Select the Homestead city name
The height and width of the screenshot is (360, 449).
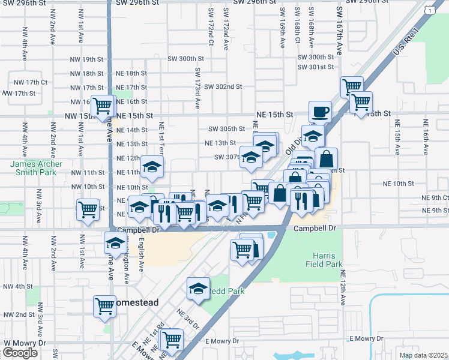137,303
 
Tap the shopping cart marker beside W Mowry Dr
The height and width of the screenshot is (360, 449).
172,339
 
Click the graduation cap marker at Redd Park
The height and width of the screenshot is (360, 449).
197,289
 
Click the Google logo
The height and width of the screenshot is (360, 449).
20,353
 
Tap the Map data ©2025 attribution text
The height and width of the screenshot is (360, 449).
423,355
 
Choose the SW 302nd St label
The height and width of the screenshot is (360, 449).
223,86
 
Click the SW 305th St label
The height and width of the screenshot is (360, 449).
226,129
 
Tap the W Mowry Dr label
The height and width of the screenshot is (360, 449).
25,343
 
